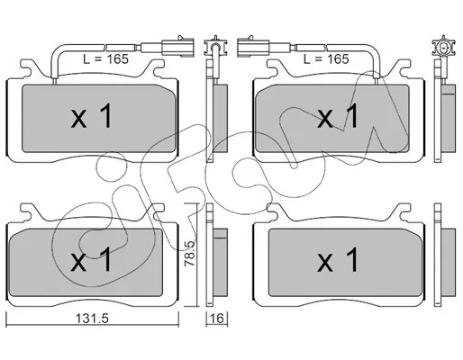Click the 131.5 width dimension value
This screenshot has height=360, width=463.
(x=92, y=319)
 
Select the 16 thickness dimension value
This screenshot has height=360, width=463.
(x=217, y=318)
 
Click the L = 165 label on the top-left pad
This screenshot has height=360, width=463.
(x=105, y=59)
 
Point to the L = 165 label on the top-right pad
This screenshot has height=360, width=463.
(x=326, y=59)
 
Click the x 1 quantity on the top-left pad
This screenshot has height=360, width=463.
(x=92, y=116)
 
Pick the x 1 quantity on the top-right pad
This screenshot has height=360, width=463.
(x=338, y=116)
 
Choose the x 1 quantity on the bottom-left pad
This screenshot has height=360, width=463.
(x=92, y=260)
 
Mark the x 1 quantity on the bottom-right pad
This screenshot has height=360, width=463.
(x=338, y=260)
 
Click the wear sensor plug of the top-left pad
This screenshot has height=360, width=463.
(x=177, y=47)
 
